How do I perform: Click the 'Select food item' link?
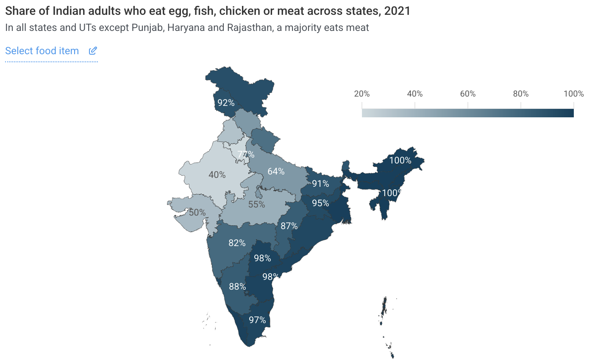point(42,51)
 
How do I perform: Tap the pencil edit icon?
point(93,51)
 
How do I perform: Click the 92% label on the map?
point(226,103)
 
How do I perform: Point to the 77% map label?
point(246,155)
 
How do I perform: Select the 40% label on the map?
point(217,174)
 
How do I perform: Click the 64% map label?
point(276,172)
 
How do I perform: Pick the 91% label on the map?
point(320,183)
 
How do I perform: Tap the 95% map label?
point(320,203)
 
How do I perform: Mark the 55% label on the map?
point(256,205)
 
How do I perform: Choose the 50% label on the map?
point(197,212)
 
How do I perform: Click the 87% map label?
point(289,226)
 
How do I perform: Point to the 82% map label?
point(237,243)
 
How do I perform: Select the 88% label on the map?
point(237,287)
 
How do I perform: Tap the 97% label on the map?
point(257,320)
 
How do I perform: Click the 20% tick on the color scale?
point(362,94)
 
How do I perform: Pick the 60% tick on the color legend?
point(468,94)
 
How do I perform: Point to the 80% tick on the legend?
point(521,94)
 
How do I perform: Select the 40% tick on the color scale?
point(415,94)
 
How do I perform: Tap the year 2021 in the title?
point(397,11)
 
